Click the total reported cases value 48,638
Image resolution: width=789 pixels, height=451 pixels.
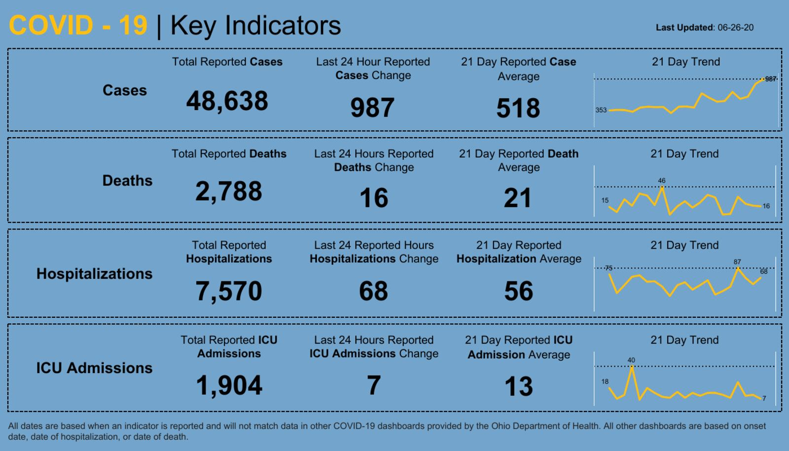(227, 101)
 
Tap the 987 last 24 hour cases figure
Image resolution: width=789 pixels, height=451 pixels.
(372, 108)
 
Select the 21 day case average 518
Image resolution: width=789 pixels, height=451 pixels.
(518, 108)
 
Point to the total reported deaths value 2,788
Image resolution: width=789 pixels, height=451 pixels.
(228, 191)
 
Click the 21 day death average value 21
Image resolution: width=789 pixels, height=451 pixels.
(518, 198)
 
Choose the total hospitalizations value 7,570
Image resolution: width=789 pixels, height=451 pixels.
(228, 291)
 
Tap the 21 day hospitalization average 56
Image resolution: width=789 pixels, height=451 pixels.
(518, 291)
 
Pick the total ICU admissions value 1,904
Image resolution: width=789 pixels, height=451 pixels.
(229, 385)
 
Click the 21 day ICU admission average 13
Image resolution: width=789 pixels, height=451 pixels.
(518, 386)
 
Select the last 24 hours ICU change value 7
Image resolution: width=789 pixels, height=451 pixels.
(374, 385)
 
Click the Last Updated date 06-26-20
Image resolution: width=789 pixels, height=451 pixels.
(735, 28)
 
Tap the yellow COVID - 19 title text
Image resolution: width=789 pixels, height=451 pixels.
(78, 26)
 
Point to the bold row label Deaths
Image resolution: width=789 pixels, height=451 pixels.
(127, 181)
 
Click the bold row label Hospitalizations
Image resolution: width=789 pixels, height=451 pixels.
(94, 274)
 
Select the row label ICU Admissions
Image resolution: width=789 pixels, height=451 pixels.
(94, 368)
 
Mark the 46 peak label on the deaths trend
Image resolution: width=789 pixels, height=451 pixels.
(662, 181)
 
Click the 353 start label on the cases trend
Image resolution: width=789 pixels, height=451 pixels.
(601, 110)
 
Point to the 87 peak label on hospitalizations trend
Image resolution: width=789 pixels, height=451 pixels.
(737, 262)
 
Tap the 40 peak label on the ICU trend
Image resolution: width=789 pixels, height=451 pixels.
(631, 360)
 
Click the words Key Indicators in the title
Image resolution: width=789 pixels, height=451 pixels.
(255, 26)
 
